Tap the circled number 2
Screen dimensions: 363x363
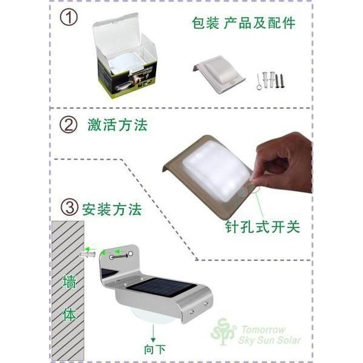pyautogui.click(x=69, y=125)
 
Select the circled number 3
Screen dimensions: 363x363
pyautogui.click(x=70, y=209)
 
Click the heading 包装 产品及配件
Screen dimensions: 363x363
pyautogui.click(x=243, y=24)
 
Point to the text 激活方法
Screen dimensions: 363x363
pyautogui.click(x=117, y=126)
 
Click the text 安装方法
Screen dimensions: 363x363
pyautogui.click(x=112, y=210)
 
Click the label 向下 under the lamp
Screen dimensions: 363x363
pyautogui.click(x=154, y=349)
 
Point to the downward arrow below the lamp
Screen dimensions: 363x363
pyautogui.click(x=154, y=332)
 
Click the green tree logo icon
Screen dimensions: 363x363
pyautogui.click(x=223, y=332)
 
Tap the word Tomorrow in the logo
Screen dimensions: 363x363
pyautogui.click(x=264, y=330)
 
